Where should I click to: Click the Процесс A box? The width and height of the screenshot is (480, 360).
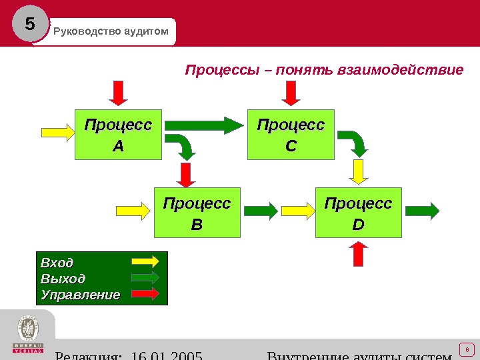[x=118, y=134]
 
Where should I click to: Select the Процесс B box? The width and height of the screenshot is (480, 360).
[x=197, y=213]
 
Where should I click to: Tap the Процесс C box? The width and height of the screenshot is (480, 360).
[x=291, y=134]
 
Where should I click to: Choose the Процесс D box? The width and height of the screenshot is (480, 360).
[x=359, y=213]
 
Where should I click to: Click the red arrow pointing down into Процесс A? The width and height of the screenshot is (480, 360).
[x=118, y=93]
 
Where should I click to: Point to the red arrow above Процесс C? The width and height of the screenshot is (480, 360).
[x=291, y=93]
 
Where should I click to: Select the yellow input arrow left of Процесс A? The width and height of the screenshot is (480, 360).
[x=59, y=132]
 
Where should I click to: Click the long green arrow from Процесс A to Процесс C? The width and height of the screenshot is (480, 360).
[x=204, y=125]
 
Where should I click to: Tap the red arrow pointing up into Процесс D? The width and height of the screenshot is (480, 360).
[x=359, y=254]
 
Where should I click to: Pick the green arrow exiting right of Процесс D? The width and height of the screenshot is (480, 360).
[x=422, y=211]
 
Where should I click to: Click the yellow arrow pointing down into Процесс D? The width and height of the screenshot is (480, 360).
[x=359, y=171]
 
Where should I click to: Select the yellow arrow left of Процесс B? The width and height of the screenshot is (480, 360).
[x=135, y=211]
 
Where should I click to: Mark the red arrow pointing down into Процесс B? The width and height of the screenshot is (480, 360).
[x=186, y=174]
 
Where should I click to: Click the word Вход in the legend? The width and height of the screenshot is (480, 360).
[x=57, y=261]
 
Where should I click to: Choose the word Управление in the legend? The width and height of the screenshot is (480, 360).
[x=80, y=294]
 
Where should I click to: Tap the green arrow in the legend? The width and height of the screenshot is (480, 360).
[x=145, y=277]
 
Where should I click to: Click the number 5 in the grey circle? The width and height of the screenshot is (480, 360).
[x=30, y=25]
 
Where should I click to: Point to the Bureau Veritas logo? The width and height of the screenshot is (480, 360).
[x=27, y=334]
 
